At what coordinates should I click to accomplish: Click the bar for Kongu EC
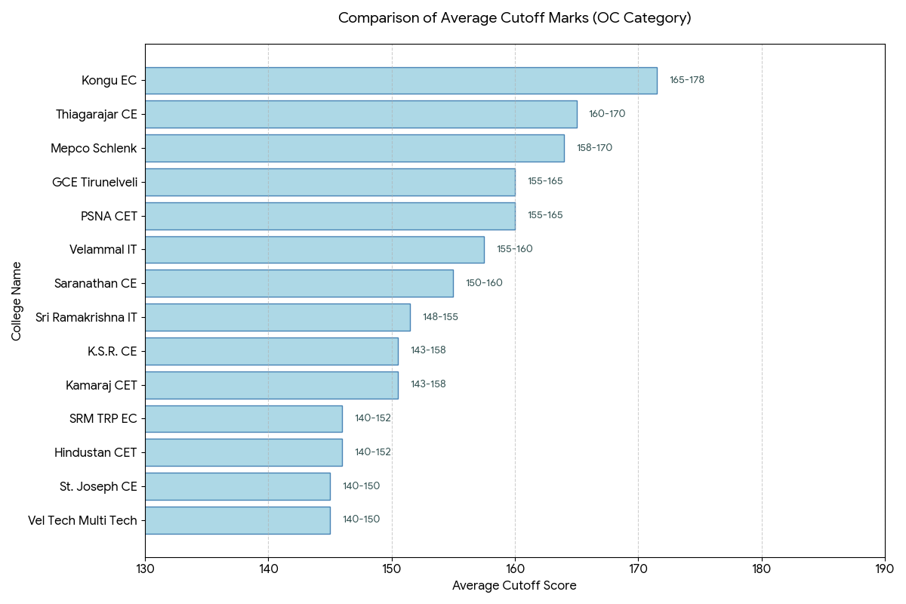click(x=401, y=81)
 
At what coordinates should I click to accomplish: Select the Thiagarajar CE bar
click(x=361, y=115)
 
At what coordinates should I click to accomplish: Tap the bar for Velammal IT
click(x=315, y=250)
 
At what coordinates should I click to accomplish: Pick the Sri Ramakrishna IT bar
click(x=278, y=317)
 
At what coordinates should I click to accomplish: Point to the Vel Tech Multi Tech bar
click(x=238, y=520)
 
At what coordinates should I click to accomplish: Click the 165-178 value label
click(x=687, y=80)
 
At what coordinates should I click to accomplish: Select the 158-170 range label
click(x=595, y=148)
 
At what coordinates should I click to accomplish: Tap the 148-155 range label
click(x=440, y=317)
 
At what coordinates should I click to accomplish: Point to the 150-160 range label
click(x=484, y=283)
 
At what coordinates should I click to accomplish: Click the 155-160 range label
click(x=515, y=249)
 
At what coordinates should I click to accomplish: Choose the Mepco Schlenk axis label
click(x=94, y=149)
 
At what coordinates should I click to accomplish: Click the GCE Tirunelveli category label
click(x=94, y=183)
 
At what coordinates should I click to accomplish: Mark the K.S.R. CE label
click(x=112, y=351)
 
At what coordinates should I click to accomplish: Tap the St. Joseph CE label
click(x=98, y=486)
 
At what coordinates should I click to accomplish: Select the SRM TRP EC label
click(x=103, y=419)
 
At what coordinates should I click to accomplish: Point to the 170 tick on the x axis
click(x=638, y=569)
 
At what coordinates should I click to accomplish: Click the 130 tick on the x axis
click(x=145, y=569)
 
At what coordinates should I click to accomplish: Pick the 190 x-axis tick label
click(x=885, y=569)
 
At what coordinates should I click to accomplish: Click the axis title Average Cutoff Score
click(x=514, y=585)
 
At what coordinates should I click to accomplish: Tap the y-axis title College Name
click(x=16, y=301)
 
